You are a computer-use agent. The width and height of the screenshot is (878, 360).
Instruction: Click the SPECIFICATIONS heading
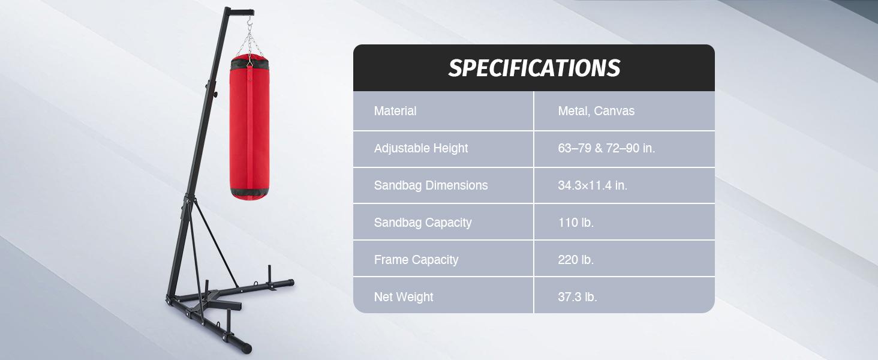534,68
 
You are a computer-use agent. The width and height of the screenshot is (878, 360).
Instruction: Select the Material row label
395,111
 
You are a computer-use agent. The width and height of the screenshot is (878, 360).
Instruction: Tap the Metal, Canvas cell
596,111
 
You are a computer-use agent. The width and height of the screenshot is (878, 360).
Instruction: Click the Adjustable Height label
420,148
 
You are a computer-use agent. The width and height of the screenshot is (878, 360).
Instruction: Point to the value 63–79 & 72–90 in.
606,148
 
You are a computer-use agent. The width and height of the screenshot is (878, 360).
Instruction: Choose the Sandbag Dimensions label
431,185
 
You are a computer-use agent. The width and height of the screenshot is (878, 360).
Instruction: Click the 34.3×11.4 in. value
592,185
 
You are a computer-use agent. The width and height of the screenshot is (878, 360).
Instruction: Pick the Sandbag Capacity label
422,223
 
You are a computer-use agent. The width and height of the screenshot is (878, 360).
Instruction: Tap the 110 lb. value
575,223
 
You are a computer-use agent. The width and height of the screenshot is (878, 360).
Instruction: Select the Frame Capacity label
416,260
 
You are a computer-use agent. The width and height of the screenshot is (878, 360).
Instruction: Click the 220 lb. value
575,260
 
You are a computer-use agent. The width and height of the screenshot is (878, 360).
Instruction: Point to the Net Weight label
403,297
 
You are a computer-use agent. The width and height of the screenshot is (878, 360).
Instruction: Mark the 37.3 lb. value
577,297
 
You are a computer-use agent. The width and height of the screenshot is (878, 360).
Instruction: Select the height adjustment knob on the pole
214,94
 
